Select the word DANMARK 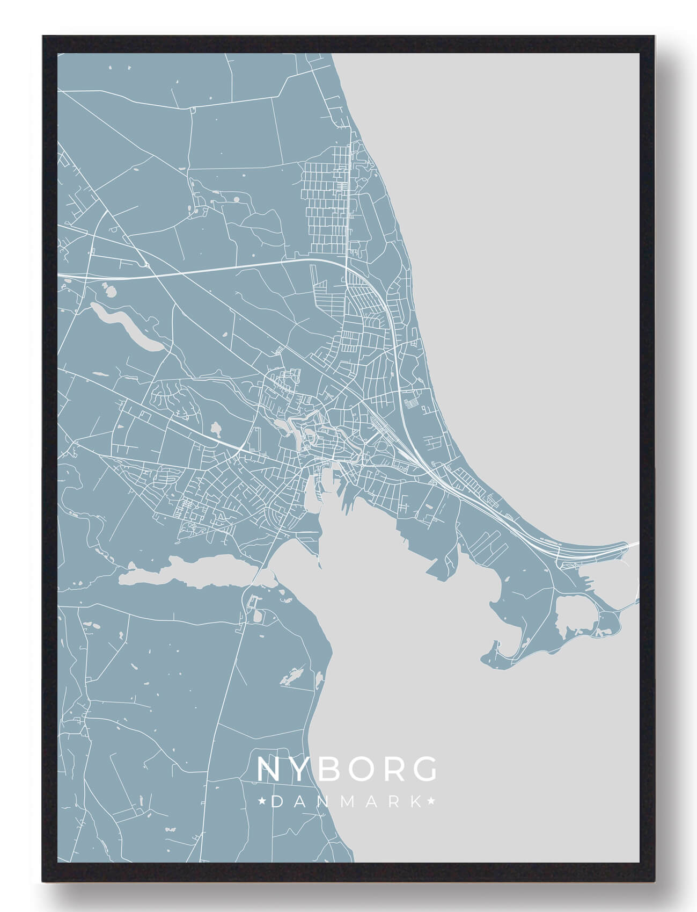347,802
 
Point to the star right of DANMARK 431,802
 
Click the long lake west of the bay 188,572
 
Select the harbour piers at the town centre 327,491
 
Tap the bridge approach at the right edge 633,545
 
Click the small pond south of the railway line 217,429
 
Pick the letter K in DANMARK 416,802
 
